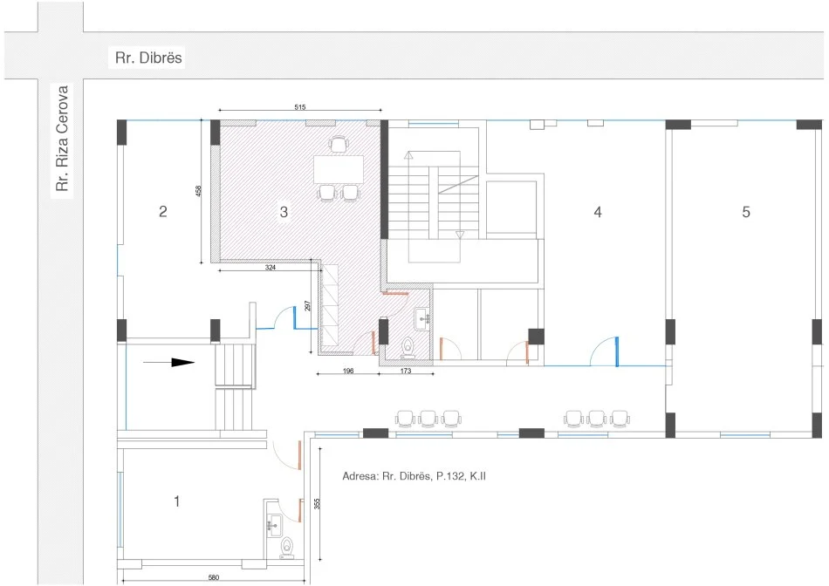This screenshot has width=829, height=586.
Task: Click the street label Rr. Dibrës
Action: point(148,58)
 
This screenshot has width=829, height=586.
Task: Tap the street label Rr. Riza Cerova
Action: point(62,139)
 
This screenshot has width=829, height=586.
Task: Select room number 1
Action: point(177,501)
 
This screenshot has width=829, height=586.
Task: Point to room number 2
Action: point(163,211)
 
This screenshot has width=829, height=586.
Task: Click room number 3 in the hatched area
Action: point(284,212)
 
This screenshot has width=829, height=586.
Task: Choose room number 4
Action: point(598,212)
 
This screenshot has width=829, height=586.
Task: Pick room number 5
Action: point(746,212)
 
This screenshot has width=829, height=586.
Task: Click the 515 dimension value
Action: point(300,107)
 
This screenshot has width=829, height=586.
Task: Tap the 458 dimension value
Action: point(198,191)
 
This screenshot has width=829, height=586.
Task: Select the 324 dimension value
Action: point(271,268)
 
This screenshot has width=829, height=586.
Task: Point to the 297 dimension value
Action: point(308,306)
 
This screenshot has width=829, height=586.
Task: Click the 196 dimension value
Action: point(348,371)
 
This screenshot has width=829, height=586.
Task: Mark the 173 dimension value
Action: point(406,371)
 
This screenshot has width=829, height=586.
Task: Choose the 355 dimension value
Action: point(318,503)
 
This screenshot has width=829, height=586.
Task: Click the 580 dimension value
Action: point(214,577)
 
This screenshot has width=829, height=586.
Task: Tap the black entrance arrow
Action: point(169,363)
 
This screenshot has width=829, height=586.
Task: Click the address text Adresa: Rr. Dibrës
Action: point(387,476)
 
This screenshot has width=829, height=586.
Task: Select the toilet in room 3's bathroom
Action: point(408,348)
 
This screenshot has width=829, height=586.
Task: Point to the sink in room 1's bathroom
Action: point(273,527)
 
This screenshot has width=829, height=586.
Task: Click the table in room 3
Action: point(339,169)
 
